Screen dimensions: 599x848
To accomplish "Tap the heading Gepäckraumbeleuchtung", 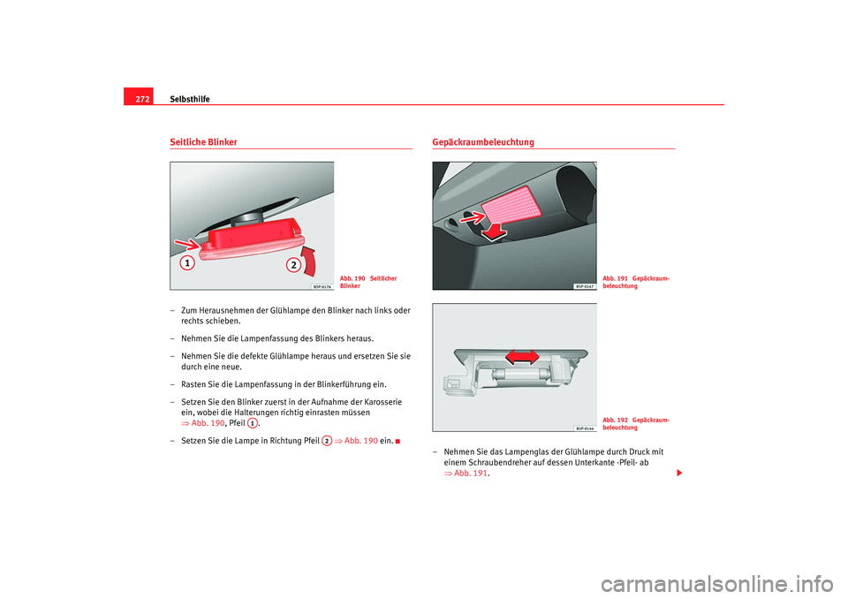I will [483, 142].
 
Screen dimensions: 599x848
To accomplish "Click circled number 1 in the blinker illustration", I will [187, 264].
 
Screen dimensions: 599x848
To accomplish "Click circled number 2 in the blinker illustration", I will [292, 265].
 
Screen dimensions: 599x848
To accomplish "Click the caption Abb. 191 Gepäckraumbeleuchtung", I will [635, 282].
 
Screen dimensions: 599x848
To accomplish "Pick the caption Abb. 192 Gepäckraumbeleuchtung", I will [635, 422].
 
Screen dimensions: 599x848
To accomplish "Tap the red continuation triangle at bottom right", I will [678, 474].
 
